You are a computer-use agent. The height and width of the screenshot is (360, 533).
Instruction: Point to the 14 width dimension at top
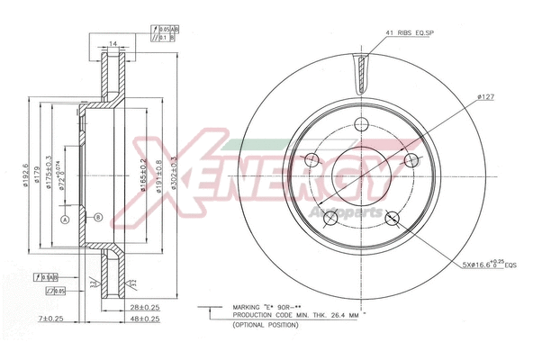coord(113,44)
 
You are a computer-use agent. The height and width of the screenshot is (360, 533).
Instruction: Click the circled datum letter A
coord(65,219)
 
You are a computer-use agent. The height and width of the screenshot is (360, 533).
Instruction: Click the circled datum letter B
coord(98,215)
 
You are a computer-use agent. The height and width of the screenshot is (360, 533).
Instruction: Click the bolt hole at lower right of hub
coord(392,218)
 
